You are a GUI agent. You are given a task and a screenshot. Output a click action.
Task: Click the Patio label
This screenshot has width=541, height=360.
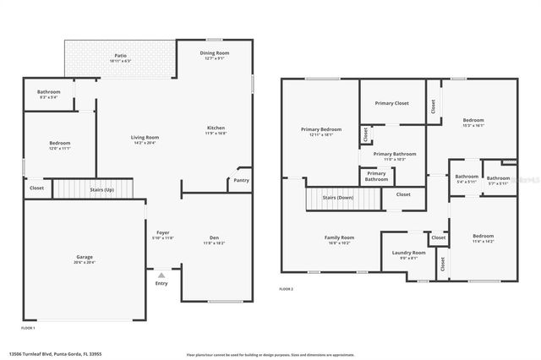click(121, 56)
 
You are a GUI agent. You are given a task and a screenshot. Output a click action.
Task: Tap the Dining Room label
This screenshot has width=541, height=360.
click(214, 53)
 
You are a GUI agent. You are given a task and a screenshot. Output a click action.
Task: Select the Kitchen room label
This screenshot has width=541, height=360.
click(216, 128)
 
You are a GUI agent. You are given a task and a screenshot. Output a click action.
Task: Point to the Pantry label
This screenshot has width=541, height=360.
click(241, 180)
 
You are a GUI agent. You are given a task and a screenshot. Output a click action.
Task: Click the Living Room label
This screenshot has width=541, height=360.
click(145, 138)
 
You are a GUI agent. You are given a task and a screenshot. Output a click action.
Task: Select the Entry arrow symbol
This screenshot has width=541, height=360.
click(161, 275)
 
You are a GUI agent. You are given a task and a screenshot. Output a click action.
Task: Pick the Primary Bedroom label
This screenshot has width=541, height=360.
click(320, 129)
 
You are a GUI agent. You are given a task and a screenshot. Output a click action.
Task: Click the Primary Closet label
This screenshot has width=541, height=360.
click(391, 103)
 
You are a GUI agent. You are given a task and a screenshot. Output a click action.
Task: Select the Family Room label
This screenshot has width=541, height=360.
click(339, 237)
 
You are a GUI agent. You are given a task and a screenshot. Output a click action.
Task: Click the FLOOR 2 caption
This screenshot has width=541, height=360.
click(287, 289)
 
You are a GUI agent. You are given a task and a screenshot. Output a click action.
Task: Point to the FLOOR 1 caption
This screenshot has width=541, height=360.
click(28, 327)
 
